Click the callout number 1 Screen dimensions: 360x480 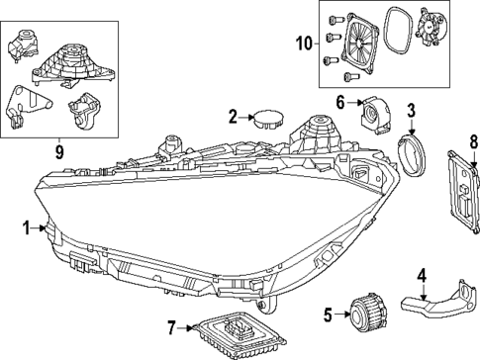pyautogui.click(x=26, y=228)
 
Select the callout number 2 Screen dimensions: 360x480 pyautogui.click(x=233, y=117)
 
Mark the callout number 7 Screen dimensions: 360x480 pyautogui.click(x=171, y=326)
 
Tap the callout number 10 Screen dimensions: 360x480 pyautogui.click(x=303, y=43)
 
